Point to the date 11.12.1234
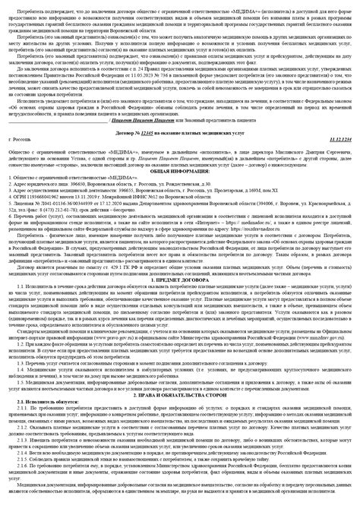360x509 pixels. pos(337,142)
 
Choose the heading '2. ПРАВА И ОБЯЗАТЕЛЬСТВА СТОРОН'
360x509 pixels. pos(180,395)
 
